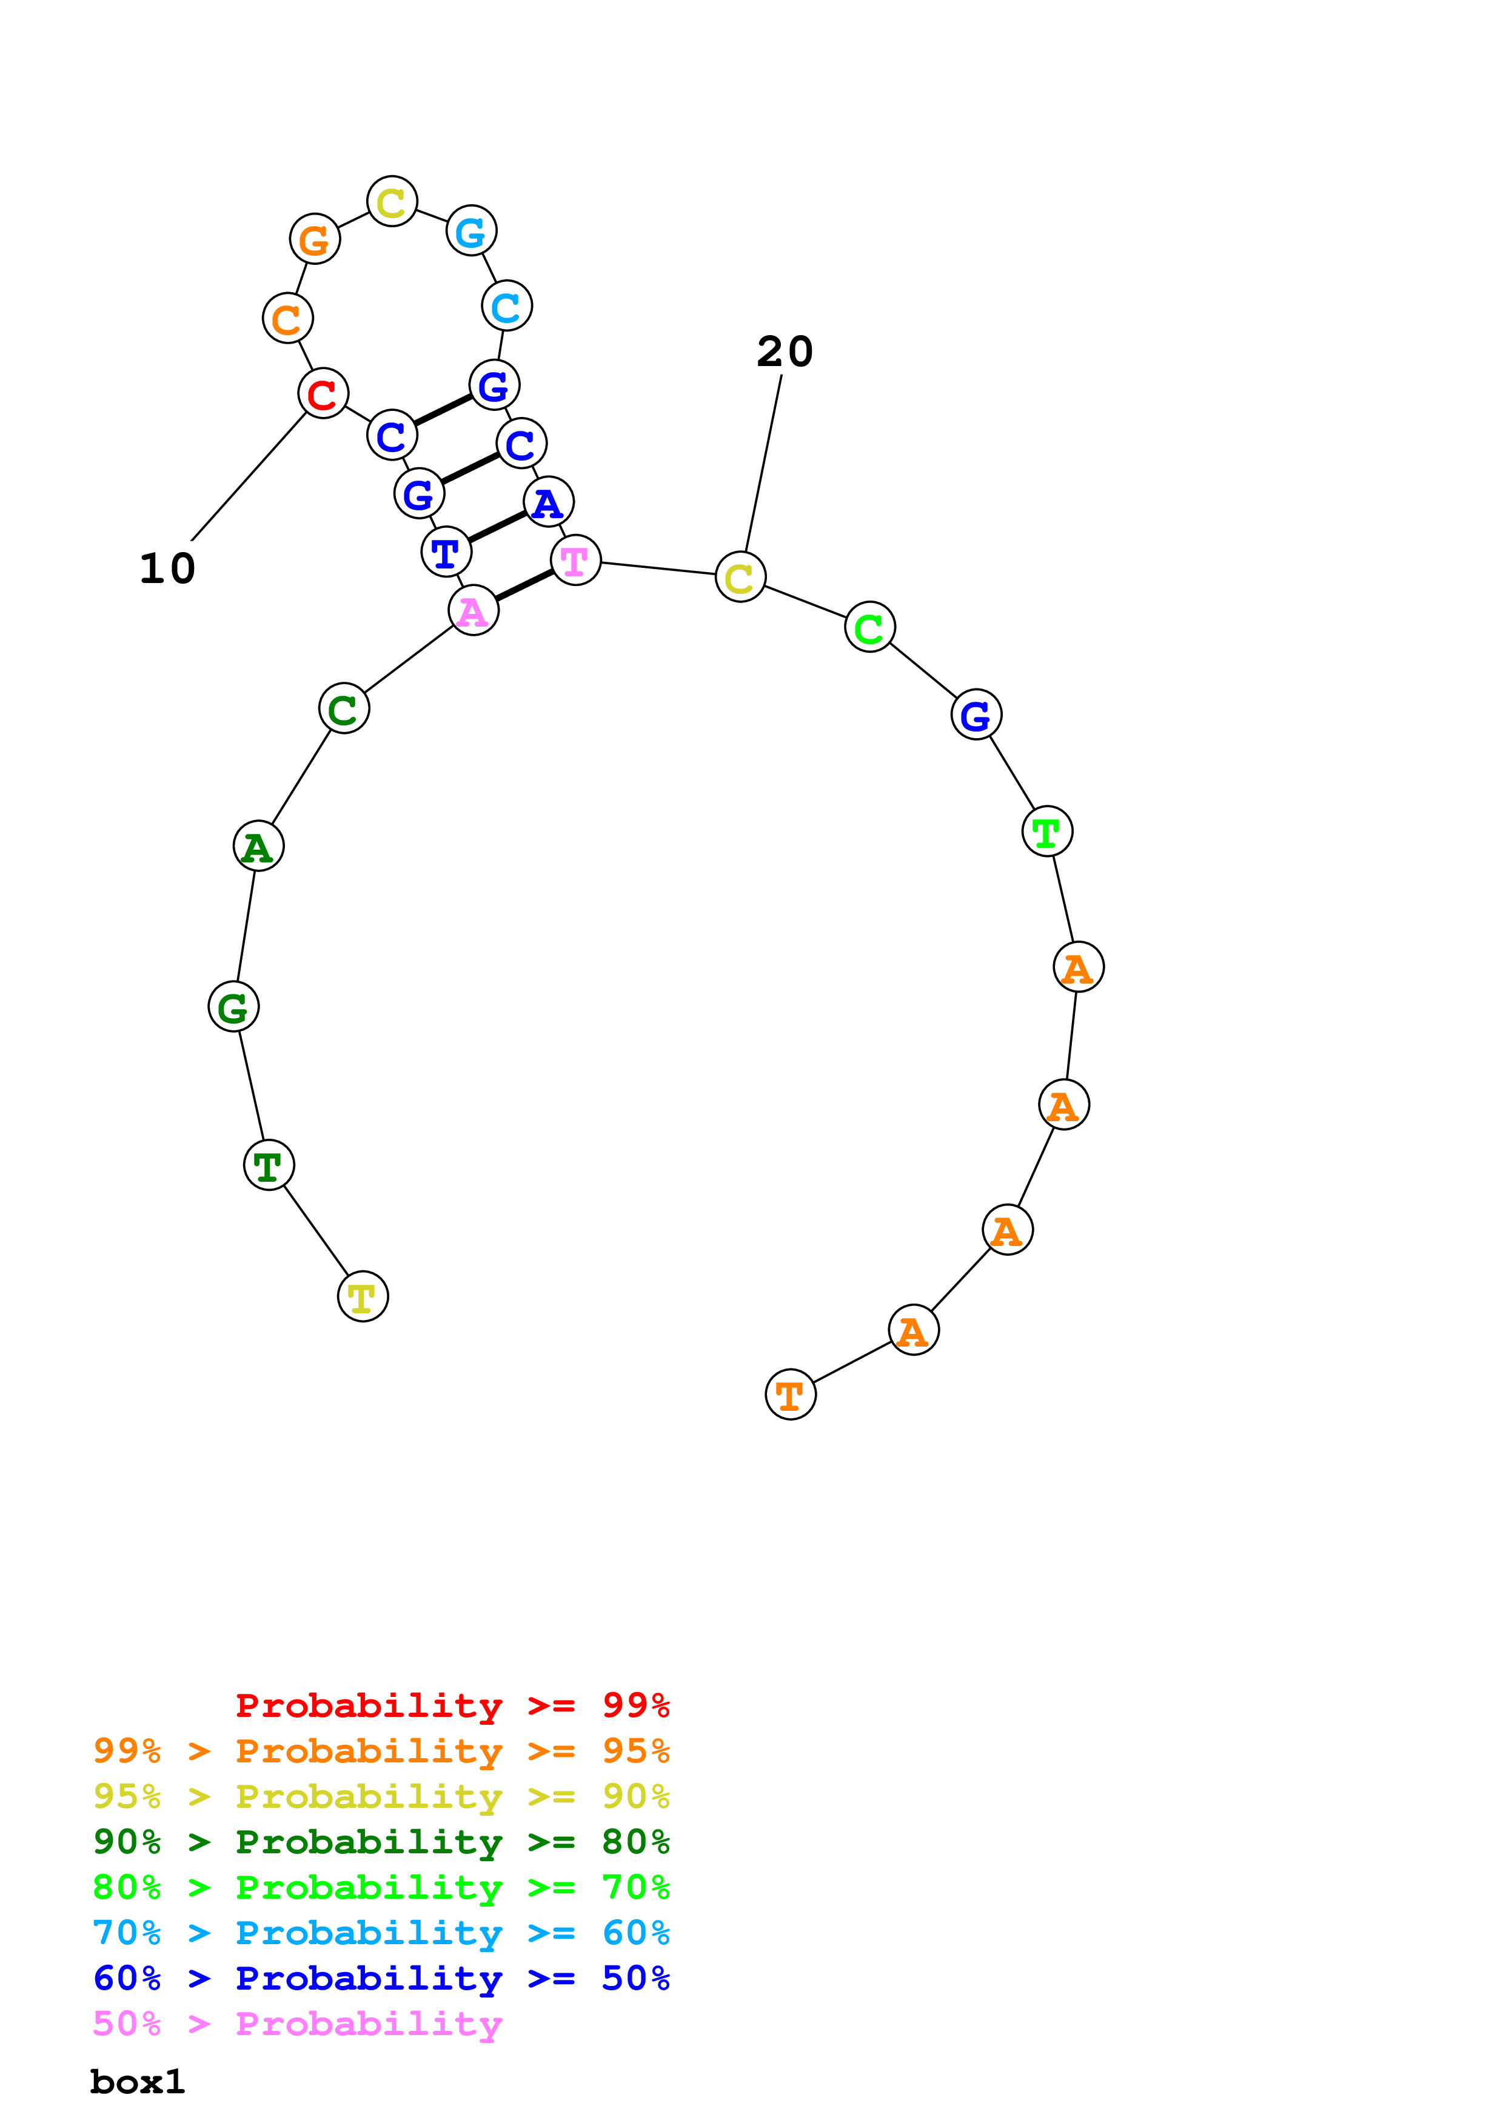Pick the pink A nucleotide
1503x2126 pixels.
tap(474, 611)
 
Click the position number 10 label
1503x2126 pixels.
tap(167, 568)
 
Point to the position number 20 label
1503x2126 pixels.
tap(785, 352)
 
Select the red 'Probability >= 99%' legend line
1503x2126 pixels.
tap(452, 1705)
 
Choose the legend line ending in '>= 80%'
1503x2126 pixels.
tap(381, 1842)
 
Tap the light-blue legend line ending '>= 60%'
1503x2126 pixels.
tap(381, 1933)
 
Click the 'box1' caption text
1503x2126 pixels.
tap(137, 2082)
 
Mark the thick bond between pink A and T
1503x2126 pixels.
tap(524, 585)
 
